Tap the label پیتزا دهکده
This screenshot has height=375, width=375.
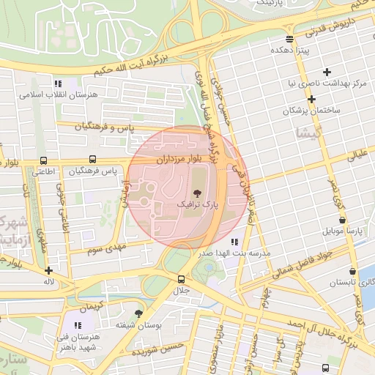tap(292, 51)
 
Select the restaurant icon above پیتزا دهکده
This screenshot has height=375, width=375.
tap(290, 39)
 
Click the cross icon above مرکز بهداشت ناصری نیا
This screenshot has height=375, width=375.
tap(327, 73)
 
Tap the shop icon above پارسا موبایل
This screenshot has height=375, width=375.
tap(342, 220)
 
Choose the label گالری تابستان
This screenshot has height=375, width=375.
tap(349, 282)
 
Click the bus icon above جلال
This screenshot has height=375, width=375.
tap(181, 279)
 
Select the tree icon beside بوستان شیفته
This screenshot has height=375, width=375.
tap(139, 313)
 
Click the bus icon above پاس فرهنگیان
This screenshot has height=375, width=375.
tap(92, 159)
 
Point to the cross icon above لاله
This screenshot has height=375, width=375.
tap(49, 270)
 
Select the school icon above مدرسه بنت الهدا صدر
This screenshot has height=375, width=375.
tap(234, 241)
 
